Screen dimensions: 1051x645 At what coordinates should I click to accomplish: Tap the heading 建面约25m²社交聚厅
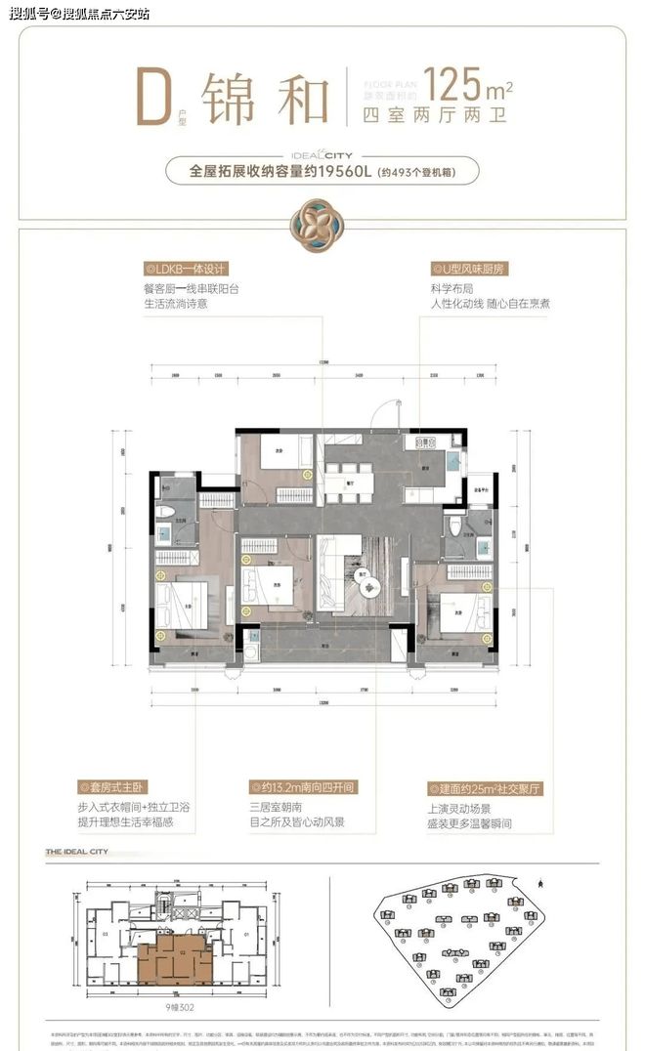click(486, 788)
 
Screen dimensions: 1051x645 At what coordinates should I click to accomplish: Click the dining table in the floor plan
click(349, 479)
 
